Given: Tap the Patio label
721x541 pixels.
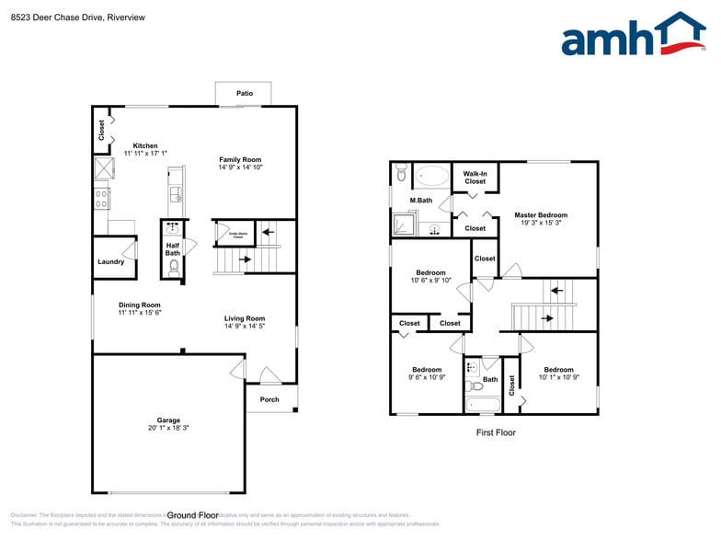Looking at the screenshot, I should (244, 94).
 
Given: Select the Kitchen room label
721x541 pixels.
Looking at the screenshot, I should (145, 145).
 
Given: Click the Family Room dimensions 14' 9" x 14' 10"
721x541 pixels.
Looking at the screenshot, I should (240, 167).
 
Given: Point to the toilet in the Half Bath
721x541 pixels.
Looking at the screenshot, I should (174, 267).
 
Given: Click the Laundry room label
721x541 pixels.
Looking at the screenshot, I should (110, 261).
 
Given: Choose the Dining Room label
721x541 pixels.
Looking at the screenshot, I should (139, 305).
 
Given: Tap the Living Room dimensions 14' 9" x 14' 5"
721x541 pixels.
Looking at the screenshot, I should (244, 327).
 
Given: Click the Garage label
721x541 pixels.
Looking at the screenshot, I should (167, 420).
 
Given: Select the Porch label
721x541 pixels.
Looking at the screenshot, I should (269, 399).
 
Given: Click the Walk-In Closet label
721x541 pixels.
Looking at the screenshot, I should (475, 178).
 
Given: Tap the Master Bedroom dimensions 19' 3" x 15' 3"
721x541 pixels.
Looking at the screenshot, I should (541, 223).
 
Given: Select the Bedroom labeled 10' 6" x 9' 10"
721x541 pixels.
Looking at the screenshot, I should (430, 281).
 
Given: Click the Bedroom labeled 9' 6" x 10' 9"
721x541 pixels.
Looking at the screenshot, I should (427, 377).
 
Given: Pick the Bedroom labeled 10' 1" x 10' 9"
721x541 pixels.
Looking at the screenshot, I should (557, 377).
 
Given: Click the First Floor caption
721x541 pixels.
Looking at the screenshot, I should (495, 432).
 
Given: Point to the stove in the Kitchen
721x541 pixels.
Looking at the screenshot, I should (102, 198).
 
